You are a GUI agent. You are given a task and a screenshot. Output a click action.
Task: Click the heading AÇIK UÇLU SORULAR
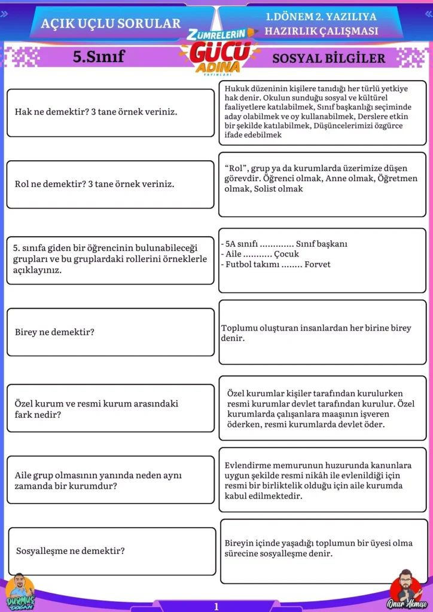(x=111, y=23)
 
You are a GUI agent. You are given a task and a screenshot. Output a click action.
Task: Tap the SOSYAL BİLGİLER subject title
(x=329, y=58)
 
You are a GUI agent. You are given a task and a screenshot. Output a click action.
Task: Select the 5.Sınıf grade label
(x=99, y=57)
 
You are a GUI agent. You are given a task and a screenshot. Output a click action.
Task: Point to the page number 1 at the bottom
(x=216, y=606)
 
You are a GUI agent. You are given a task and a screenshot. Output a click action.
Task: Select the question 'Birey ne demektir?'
(x=54, y=332)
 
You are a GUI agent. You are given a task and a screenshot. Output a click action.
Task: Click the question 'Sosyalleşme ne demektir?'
(x=71, y=550)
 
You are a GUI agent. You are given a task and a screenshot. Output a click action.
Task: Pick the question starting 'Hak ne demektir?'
(x=96, y=112)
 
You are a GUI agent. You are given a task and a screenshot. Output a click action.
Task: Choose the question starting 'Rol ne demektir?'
(x=94, y=183)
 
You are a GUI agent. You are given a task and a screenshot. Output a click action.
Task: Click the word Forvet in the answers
(x=318, y=264)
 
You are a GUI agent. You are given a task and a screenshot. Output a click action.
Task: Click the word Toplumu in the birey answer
(x=239, y=328)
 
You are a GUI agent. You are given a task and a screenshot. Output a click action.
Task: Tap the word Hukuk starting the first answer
(x=237, y=88)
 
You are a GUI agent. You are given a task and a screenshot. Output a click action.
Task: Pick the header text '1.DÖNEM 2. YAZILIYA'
(x=322, y=18)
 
